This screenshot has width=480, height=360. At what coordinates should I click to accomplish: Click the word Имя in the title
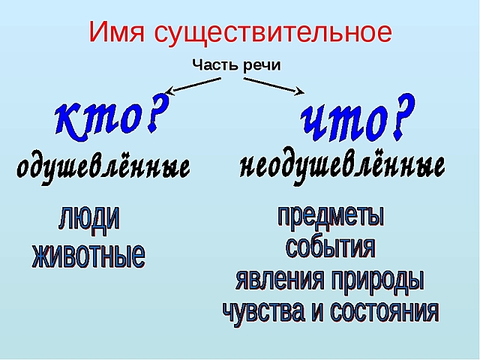tap(118, 32)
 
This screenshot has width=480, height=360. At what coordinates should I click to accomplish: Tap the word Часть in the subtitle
tap(214, 65)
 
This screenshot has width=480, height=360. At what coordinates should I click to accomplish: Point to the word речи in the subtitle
tap(261, 65)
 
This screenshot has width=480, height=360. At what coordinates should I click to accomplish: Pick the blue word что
tap(341, 120)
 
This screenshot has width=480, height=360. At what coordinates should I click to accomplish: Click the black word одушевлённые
tap(103, 166)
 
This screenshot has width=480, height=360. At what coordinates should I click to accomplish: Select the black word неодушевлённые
tap(343, 165)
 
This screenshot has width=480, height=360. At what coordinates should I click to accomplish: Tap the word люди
tap(89, 218)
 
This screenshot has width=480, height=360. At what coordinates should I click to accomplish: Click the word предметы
tap(331, 216)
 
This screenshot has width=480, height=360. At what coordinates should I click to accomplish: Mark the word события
tap(330, 247)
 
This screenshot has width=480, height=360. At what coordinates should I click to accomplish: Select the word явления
tap(280, 280)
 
